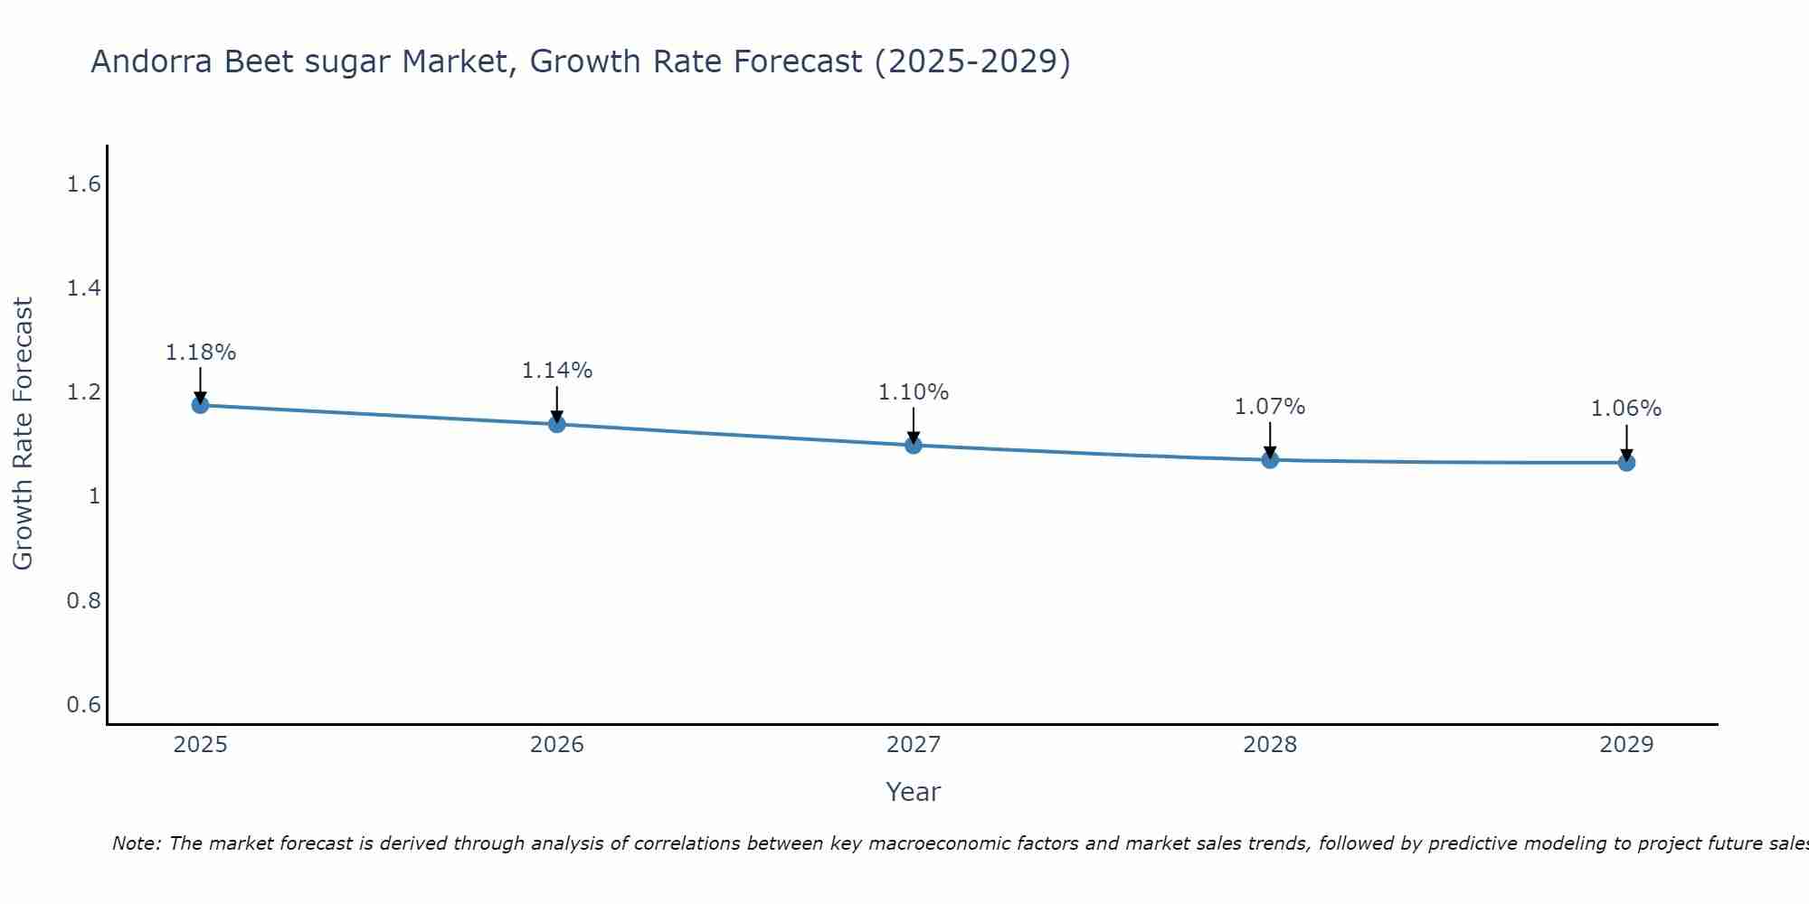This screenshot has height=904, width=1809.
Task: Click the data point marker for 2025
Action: click(200, 405)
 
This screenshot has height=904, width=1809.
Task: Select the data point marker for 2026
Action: click(556, 424)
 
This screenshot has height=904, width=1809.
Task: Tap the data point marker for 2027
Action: click(913, 445)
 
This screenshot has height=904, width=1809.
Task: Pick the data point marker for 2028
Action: click(1270, 460)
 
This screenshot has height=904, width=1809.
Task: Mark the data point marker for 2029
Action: click(1626, 463)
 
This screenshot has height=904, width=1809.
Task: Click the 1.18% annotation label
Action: click(200, 353)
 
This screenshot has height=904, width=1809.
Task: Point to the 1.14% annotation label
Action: click(556, 371)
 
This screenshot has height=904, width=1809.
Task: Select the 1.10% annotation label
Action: click(913, 392)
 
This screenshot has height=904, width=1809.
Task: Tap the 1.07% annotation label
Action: click(1270, 407)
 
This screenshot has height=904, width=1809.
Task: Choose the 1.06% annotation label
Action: click(1626, 409)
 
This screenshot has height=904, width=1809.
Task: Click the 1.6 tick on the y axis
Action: click(83, 184)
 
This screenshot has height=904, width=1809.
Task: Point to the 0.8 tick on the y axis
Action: click(83, 600)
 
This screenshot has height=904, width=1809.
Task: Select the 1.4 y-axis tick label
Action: click(83, 288)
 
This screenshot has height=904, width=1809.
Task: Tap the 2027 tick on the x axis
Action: click(913, 745)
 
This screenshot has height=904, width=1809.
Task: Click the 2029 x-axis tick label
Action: click(1626, 745)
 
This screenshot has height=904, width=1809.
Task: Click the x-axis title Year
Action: click(913, 792)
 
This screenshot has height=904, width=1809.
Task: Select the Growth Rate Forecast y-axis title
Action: click(23, 434)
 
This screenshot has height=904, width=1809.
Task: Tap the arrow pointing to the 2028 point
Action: click(1270, 440)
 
